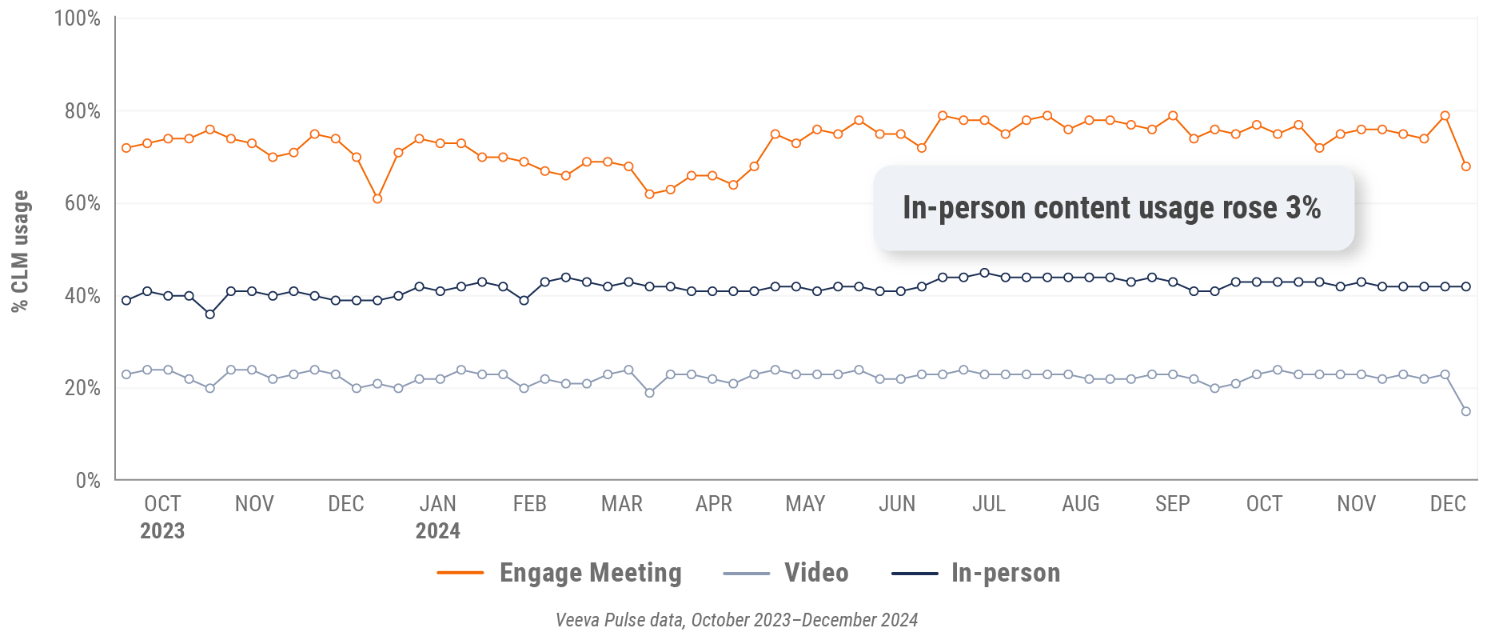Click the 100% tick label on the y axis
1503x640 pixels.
pyautogui.click(x=77, y=18)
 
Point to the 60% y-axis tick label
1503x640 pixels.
pyautogui.click(x=82, y=203)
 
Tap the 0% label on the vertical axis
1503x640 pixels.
pyautogui.click(x=88, y=480)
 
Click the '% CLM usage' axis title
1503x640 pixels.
pyautogui.click(x=20, y=250)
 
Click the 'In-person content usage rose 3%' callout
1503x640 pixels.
pyautogui.click(x=1112, y=208)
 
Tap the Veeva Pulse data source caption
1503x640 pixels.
pyautogui.click(x=736, y=620)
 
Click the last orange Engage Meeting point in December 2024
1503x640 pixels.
pyautogui.click(x=1465, y=166)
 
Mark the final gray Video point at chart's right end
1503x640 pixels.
pyautogui.click(x=1465, y=411)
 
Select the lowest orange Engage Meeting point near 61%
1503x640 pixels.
pyautogui.click(x=377, y=198)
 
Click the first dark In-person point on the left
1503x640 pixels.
pyautogui.click(x=126, y=301)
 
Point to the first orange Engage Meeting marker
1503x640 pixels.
pyautogui.click(x=126, y=148)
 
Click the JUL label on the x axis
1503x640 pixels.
pyautogui.click(x=988, y=504)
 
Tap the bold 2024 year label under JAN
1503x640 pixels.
pyautogui.click(x=437, y=531)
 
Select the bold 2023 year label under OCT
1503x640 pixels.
pyautogui.click(x=162, y=531)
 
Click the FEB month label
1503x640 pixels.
pyautogui.click(x=529, y=504)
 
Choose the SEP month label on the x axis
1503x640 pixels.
pyautogui.click(x=1172, y=504)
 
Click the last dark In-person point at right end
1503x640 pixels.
pyautogui.click(x=1465, y=286)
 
